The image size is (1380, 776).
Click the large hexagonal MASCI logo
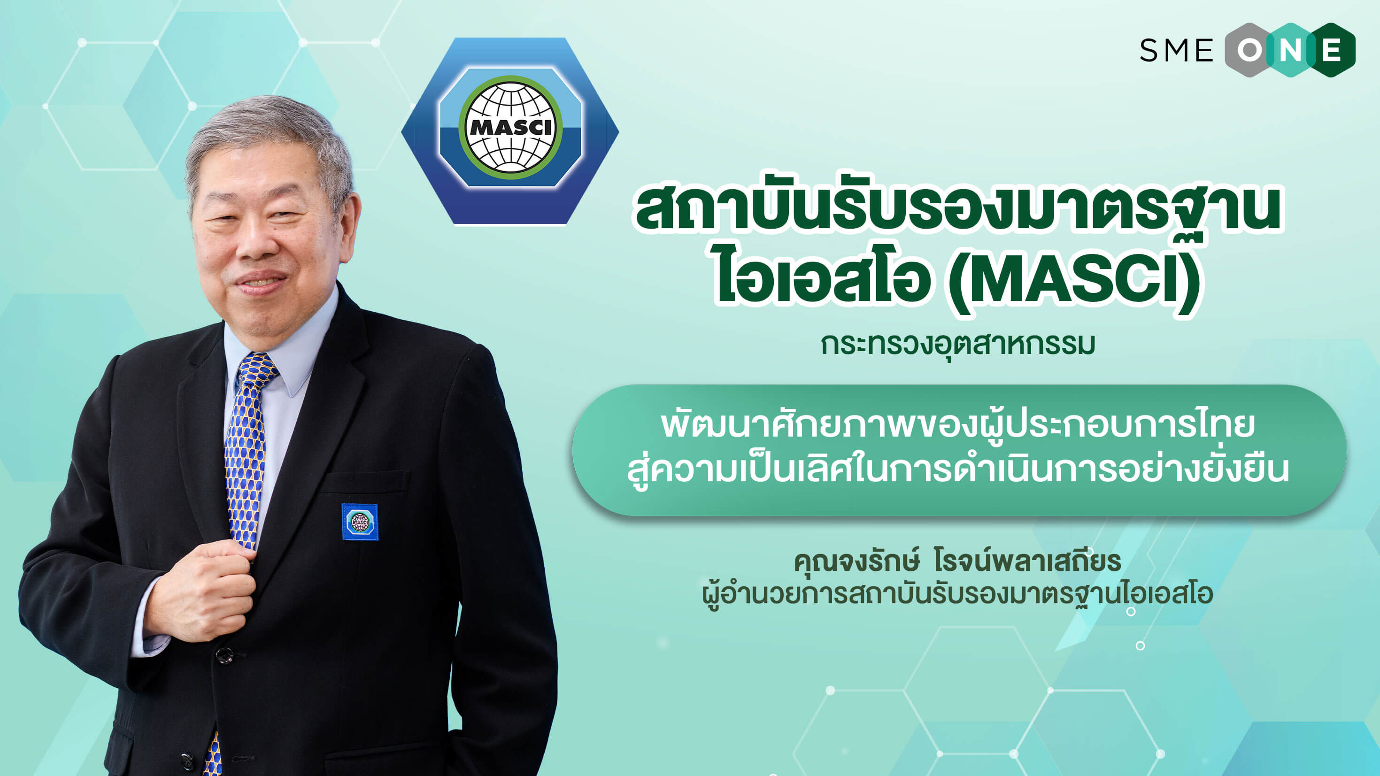(x=510, y=131)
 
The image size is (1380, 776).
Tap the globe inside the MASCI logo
(x=510, y=128)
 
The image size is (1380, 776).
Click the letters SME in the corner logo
(x=1176, y=51)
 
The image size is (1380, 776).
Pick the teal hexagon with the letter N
(x=1290, y=50)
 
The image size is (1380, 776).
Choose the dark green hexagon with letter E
(x=1332, y=50)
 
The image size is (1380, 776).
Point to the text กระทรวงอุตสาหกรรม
(x=957, y=345)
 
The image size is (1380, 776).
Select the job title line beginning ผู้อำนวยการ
(x=957, y=594)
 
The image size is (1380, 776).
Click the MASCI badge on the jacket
(x=360, y=522)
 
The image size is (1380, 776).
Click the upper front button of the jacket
(x=225, y=655)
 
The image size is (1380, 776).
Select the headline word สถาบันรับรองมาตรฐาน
(x=957, y=209)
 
